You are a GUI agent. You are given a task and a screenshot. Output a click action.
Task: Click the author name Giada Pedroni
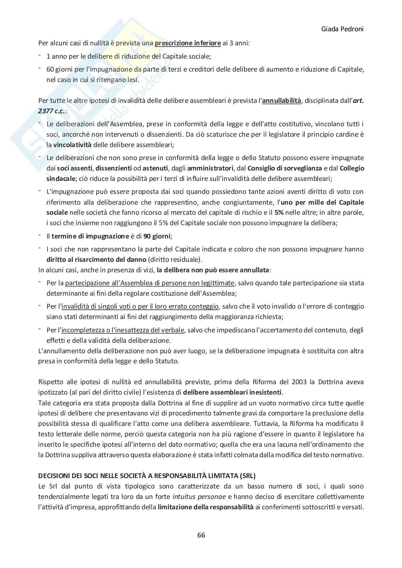[x=342, y=29]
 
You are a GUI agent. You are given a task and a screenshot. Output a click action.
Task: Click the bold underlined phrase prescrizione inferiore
[x=188, y=44]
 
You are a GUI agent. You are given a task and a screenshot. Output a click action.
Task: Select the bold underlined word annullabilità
[x=281, y=101]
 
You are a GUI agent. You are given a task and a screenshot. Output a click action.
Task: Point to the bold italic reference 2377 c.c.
[x=52, y=111]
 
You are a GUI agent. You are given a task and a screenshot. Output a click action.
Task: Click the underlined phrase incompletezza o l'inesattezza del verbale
[x=123, y=330]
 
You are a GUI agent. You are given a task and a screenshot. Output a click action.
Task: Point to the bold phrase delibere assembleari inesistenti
[x=233, y=392]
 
